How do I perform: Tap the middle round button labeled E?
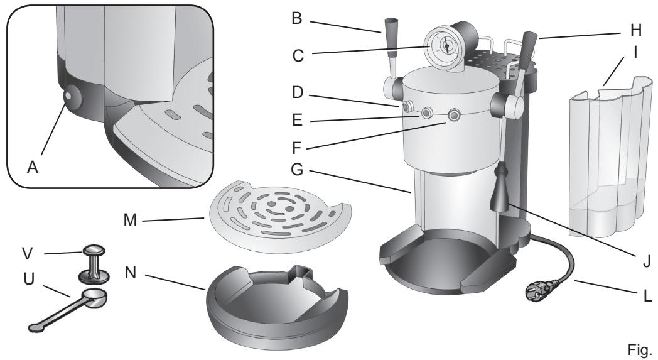(x=427, y=113)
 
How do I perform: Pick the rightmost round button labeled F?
(x=452, y=116)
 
